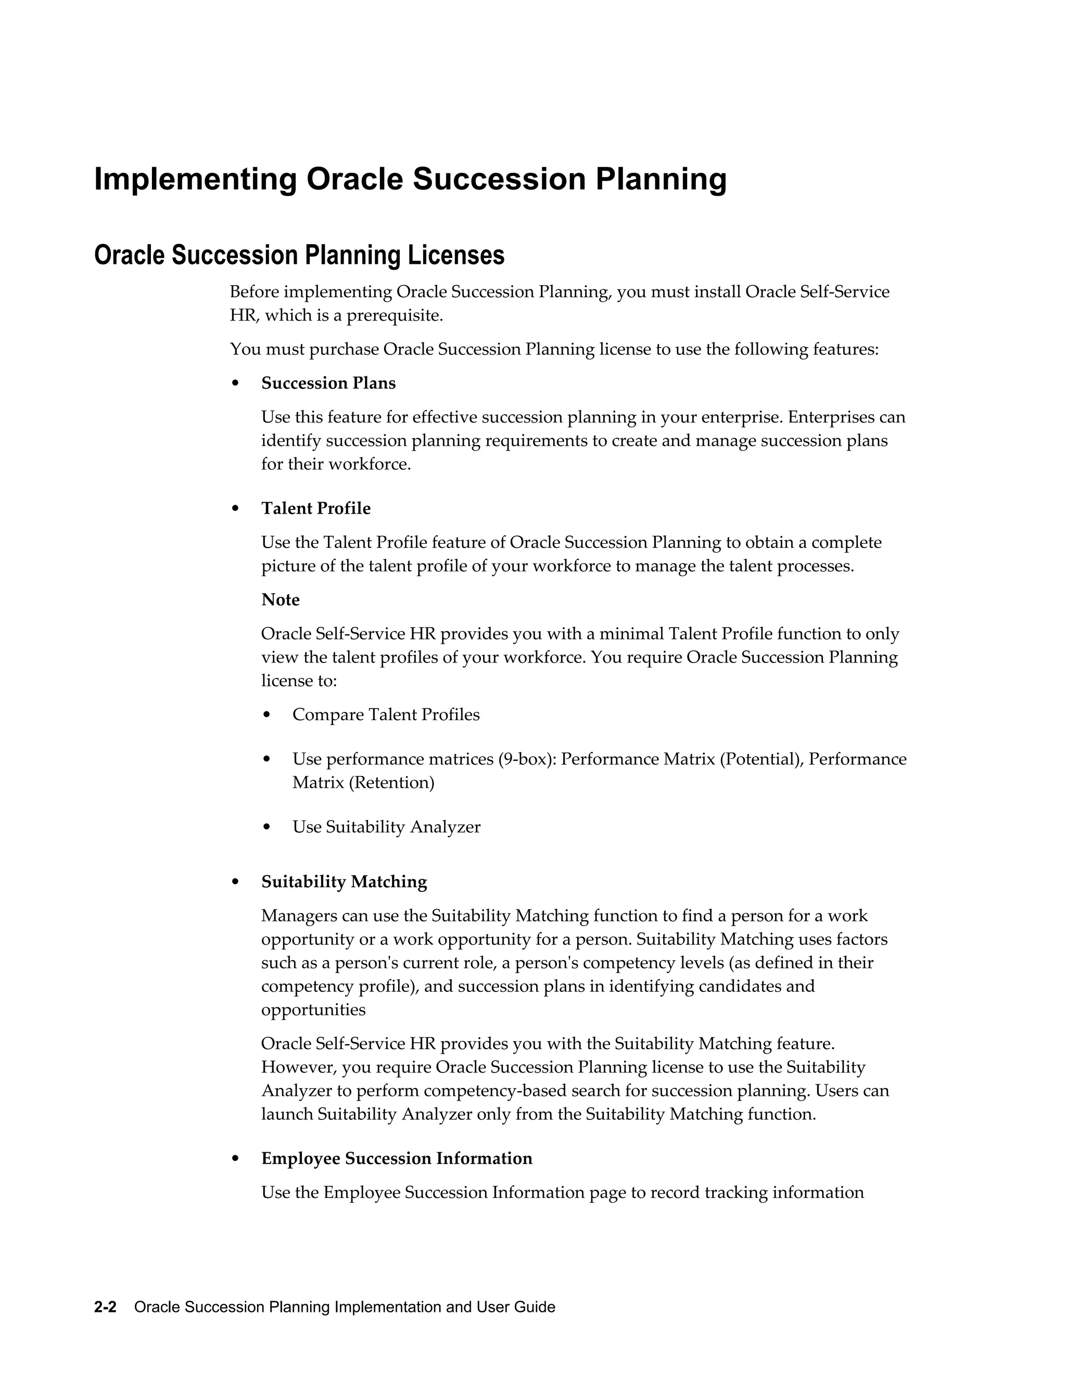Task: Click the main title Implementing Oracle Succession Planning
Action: tap(411, 180)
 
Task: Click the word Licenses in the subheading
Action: tap(455, 255)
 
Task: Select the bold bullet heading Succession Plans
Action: tap(328, 384)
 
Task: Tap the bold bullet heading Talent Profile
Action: tap(316, 508)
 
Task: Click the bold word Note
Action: tap(281, 599)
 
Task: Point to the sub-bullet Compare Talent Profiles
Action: tap(386, 715)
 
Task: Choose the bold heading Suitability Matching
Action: tap(344, 882)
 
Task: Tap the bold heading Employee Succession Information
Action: tap(397, 1158)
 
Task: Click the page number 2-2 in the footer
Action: tap(105, 1307)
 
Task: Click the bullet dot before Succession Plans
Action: tap(236, 384)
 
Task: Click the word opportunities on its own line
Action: tap(313, 1010)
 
